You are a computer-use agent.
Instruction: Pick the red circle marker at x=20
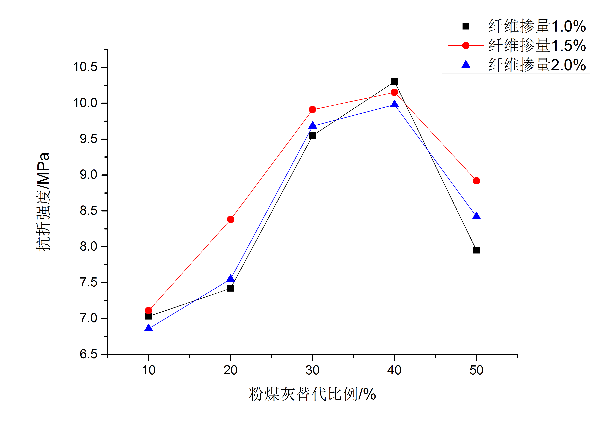point(230,220)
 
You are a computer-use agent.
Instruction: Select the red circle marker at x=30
point(312,110)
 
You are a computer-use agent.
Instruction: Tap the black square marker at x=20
point(230,288)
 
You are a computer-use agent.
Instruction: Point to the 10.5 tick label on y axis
point(85,67)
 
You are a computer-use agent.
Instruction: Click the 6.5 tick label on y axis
point(88,354)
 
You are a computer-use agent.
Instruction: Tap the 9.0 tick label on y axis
point(88,175)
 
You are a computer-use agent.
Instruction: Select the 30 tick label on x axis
point(312,370)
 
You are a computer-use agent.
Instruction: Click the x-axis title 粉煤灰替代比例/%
point(312,394)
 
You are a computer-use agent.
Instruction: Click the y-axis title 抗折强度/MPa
point(43,202)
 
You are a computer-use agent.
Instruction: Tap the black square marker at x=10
point(148,316)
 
